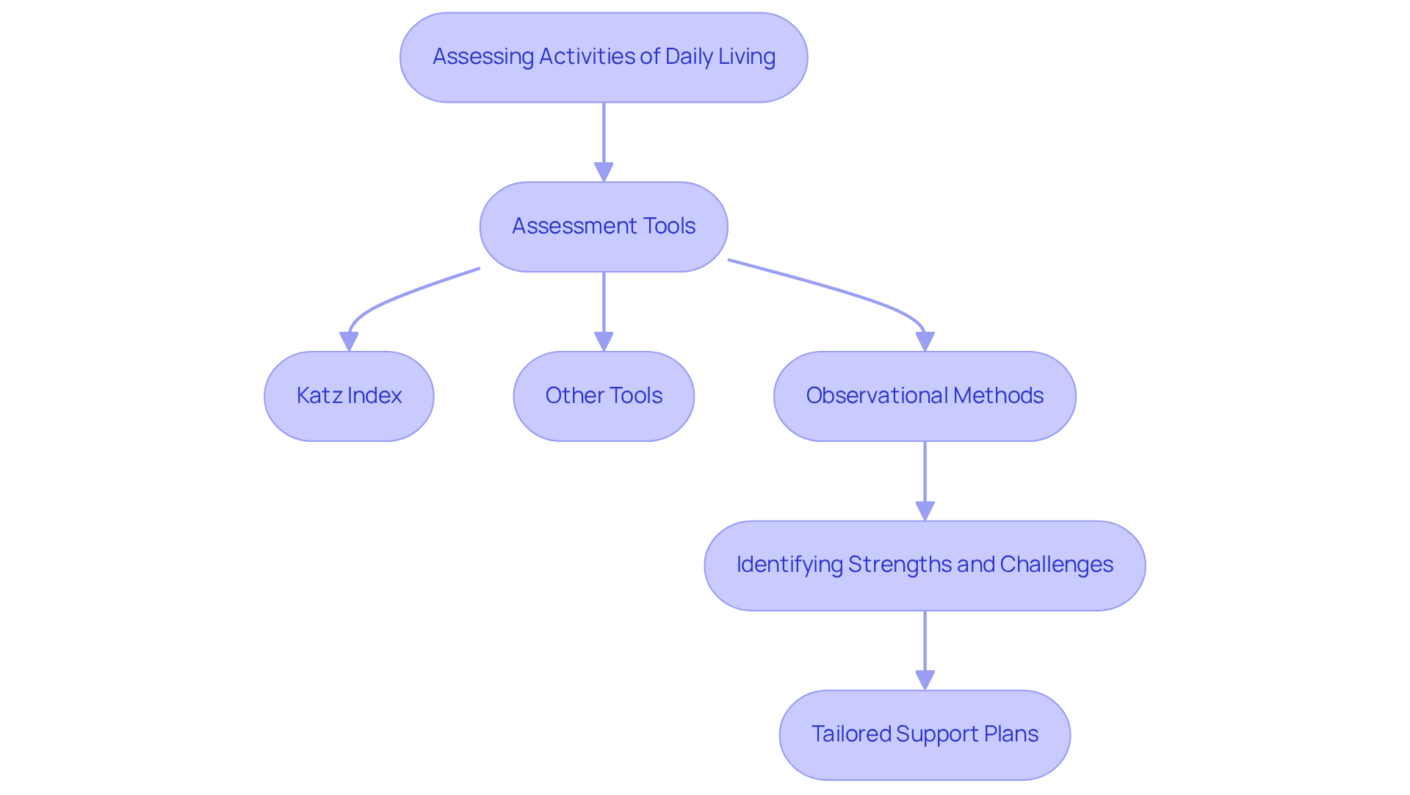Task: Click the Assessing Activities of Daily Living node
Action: tap(604, 57)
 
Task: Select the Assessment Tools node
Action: tap(604, 227)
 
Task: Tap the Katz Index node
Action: tap(349, 396)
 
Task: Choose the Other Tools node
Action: tap(604, 396)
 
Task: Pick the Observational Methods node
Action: tap(925, 396)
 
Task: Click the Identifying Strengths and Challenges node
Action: tap(925, 566)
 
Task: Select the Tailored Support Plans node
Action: tap(925, 735)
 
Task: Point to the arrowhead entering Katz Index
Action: tap(349, 341)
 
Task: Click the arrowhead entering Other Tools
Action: tap(604, 341)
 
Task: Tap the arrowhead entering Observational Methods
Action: tap(925, 341)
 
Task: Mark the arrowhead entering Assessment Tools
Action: tap(604, 172)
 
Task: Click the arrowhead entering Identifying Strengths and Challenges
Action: tap(925, 511)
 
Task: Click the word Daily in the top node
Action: tap(689, 57)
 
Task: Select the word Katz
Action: tap(320, 396)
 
